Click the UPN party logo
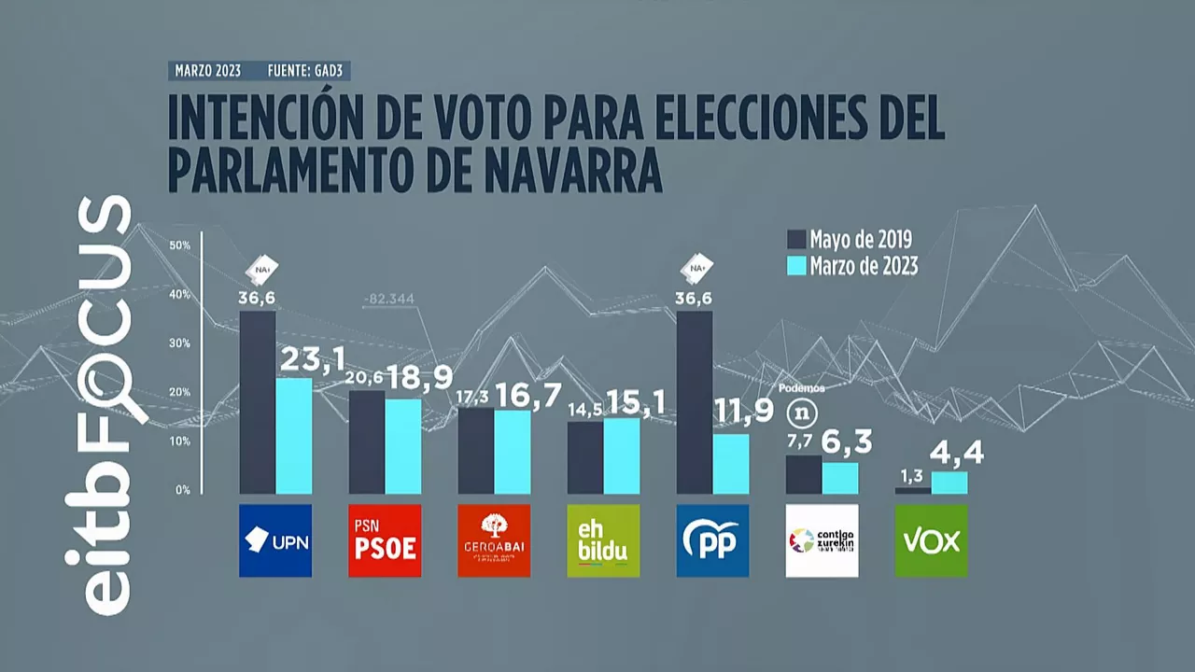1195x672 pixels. coord(275,540)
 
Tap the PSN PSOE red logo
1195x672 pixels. coord(385,540)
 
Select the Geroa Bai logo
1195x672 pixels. coord(494,540)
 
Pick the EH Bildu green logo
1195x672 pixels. coord(603,540)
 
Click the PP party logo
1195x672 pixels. coord(712,540)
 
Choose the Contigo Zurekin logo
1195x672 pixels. coord(822,540)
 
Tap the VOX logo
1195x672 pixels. coord(931,540)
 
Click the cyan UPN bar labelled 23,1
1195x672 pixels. coord(293,435)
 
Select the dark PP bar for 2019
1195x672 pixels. coord(695,402)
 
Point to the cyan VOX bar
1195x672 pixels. coord(949,482)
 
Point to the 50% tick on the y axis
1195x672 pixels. coord(180,245)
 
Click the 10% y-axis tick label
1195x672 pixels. coord(180,441)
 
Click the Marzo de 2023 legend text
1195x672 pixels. coord(864,267)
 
